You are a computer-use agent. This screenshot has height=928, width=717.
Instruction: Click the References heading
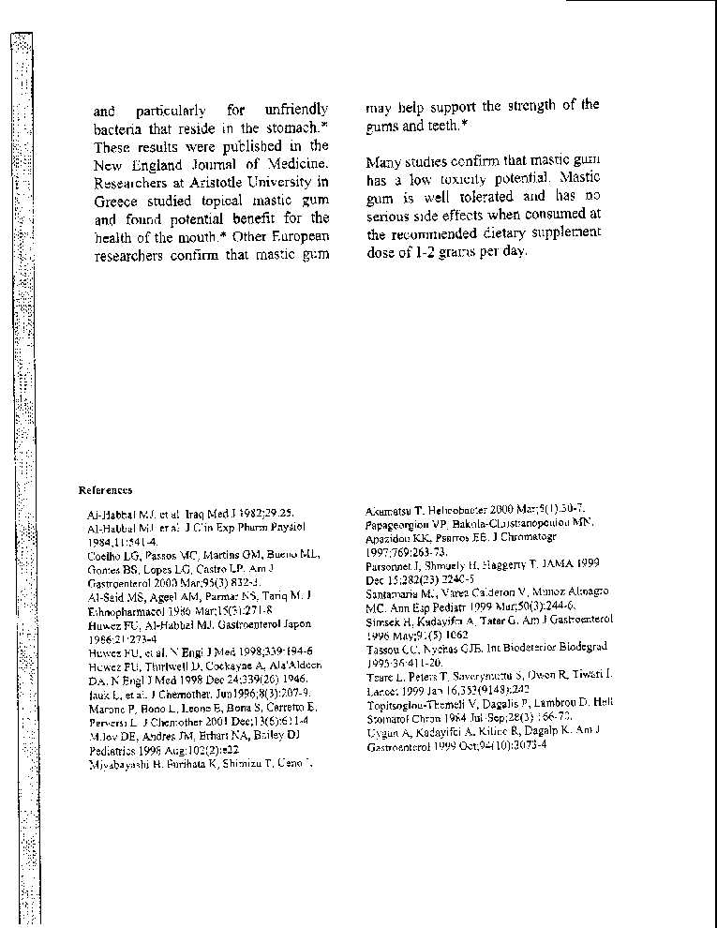(x=105, y=489)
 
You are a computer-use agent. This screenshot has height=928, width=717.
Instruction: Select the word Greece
(x=115, y=200)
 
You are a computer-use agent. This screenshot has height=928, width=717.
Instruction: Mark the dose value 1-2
(x=424, y=251)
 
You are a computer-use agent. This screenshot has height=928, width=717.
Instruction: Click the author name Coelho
(x=102, y=555)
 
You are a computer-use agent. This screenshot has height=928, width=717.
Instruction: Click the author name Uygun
(x=382, y=728)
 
